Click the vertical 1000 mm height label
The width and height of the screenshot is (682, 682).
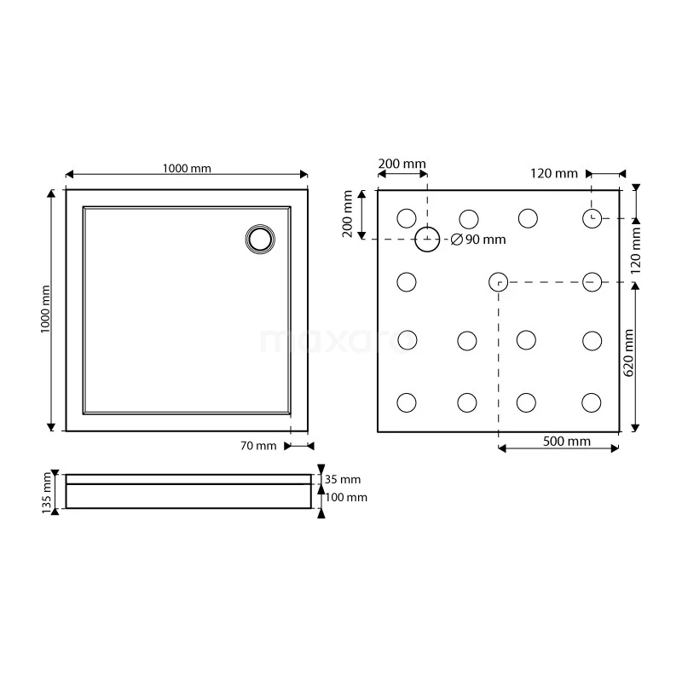[46, 309]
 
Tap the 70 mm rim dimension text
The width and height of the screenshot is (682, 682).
[259, 445]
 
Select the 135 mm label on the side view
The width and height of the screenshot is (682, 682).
[46, 492]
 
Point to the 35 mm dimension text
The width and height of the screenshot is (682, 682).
[344, 479]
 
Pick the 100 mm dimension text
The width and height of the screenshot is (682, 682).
[346, 497]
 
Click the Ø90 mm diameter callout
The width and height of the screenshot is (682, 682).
[478, 240]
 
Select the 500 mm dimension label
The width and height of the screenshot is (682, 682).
[567, 441]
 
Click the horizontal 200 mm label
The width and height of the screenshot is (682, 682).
[402, 164]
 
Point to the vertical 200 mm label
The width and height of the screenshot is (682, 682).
[348, 214]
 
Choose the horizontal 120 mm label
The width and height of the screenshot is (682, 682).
[554, 173]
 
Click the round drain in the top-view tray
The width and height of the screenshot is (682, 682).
[260, 239]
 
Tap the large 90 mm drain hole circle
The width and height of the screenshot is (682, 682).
[428, 240]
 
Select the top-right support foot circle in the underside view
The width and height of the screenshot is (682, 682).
[593, 218]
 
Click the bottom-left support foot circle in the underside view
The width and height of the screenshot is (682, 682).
[407, 402]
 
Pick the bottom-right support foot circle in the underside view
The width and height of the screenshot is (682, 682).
[593, 402]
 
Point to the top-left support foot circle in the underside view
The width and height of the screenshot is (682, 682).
[407, 218]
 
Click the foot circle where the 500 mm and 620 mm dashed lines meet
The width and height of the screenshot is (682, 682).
[499, 281]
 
